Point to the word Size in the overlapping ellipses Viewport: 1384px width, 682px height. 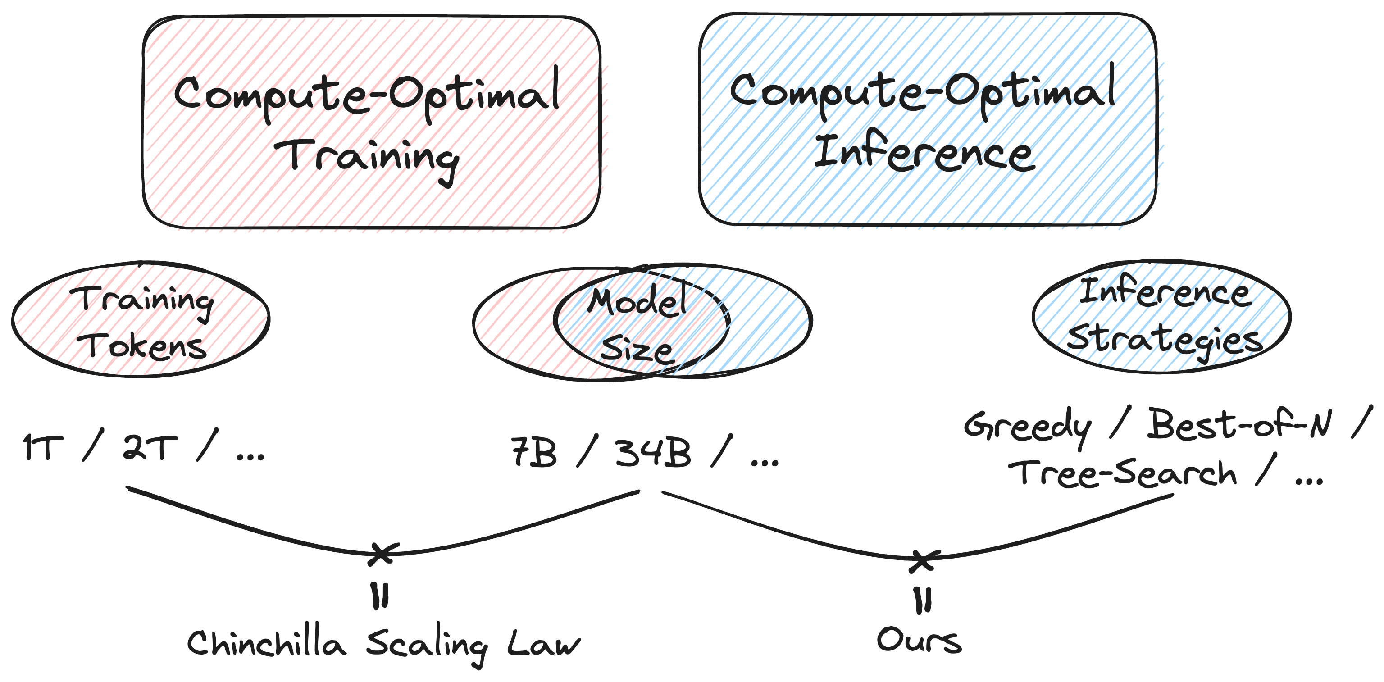[636, 350]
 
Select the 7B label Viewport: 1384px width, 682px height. [533, 452]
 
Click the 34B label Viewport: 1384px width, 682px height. [652, 452]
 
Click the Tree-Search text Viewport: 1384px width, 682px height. [1122, 473]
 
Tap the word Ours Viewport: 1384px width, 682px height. [918, 640]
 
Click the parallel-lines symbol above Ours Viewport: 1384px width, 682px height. [923, 600]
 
